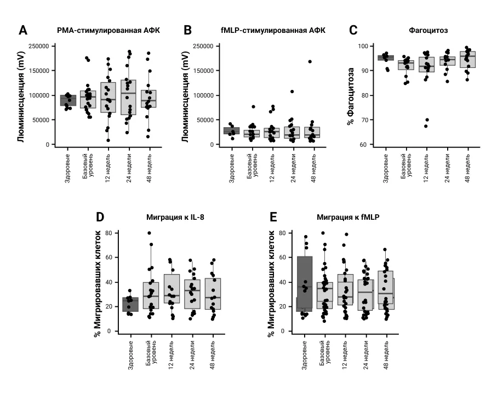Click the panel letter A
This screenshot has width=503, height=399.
pos(22,30)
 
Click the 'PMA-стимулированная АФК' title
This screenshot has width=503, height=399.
pos(108,30)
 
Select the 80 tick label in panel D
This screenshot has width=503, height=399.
pos(108,233)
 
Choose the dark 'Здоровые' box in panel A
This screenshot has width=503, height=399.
pos(68,100)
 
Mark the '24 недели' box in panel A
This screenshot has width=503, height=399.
pos(128,96)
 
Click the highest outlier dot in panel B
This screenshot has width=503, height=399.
pos(310,62)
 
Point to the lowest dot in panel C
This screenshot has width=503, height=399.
pos(426,126)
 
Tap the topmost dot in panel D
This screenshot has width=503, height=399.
pos(150,233)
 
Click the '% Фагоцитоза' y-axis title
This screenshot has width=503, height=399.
pos(351,96)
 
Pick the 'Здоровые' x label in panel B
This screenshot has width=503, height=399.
pos(232,168)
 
